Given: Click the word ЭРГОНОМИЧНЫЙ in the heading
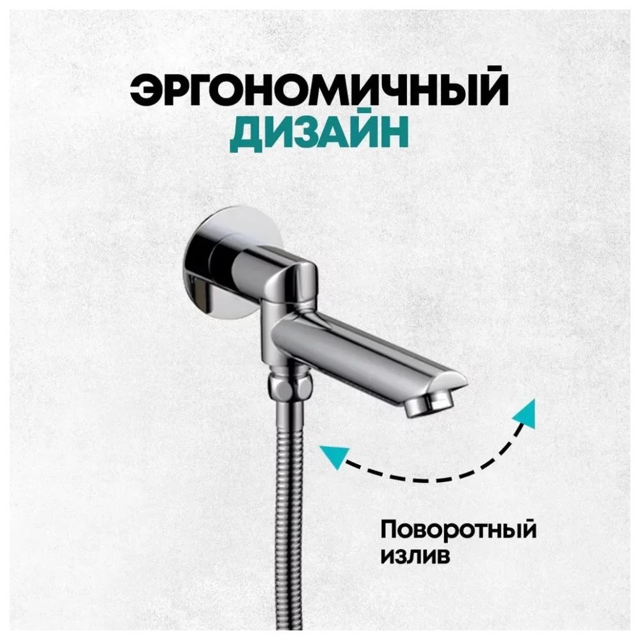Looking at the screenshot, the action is (x=319, y=90).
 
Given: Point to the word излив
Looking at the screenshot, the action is (x=415, y=556).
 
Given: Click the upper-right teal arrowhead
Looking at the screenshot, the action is (x=524, y=413).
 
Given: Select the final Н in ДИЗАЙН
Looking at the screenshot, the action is (x=393, y=134).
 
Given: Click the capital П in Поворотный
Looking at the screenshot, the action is (x=390, y=529).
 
